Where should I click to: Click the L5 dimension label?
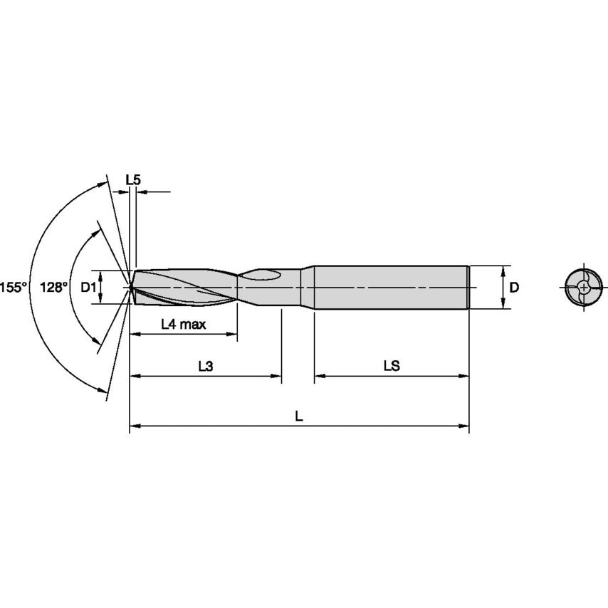pos(133,180)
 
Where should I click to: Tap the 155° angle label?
pos(13,287)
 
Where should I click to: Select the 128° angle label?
pos(54,287)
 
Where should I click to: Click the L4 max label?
pos(183,325)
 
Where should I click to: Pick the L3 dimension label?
pos(205,366)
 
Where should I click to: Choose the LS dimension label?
pos(391,366)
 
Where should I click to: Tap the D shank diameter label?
pos(515,287)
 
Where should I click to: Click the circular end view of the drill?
pos(583,288)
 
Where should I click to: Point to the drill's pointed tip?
pos(131,287)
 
